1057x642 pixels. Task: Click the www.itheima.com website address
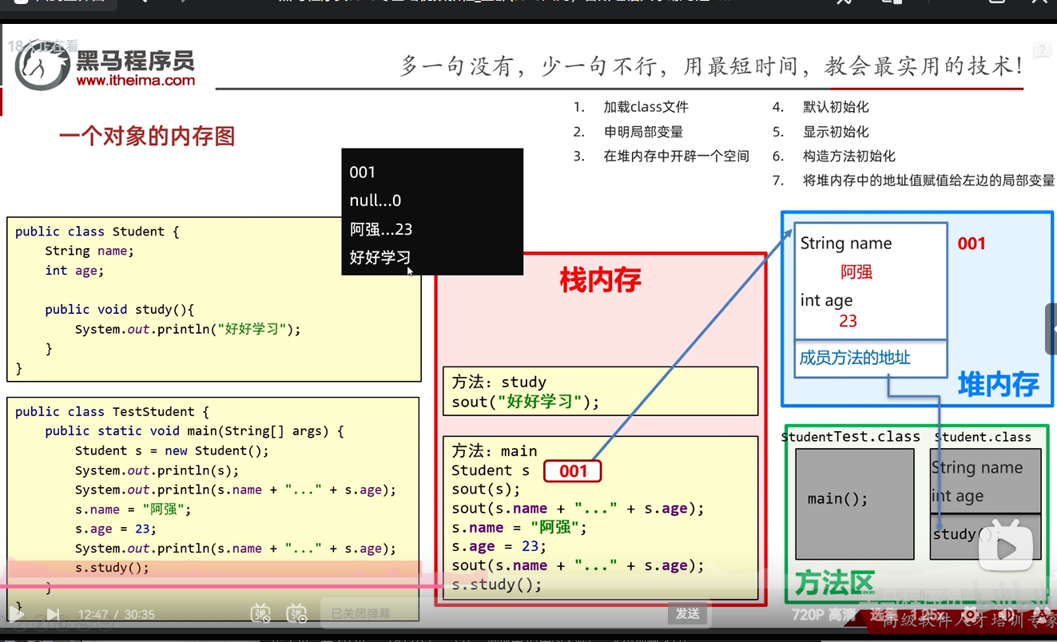pos(135,80)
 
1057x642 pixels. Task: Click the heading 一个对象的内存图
pos(147,137)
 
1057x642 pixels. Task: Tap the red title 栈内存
pos(600,280)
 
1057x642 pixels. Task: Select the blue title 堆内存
pos(999,385)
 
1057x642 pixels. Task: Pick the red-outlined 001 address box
pos(572,471)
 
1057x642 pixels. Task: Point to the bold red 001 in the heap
pos(972,244)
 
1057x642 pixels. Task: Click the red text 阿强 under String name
pos(856,272)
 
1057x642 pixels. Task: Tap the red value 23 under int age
pos(848,321)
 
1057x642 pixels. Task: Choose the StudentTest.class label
pos(851,438)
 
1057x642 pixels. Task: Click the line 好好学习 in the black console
pos(380,257)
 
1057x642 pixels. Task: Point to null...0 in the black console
pos(376,200)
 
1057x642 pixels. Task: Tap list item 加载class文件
pos(646,107)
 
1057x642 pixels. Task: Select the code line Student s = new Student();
pos(172,450)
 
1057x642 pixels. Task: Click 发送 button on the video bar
pos(688,613)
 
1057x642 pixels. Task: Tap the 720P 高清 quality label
pos(823,615)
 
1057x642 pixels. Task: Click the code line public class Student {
pos(97,232)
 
